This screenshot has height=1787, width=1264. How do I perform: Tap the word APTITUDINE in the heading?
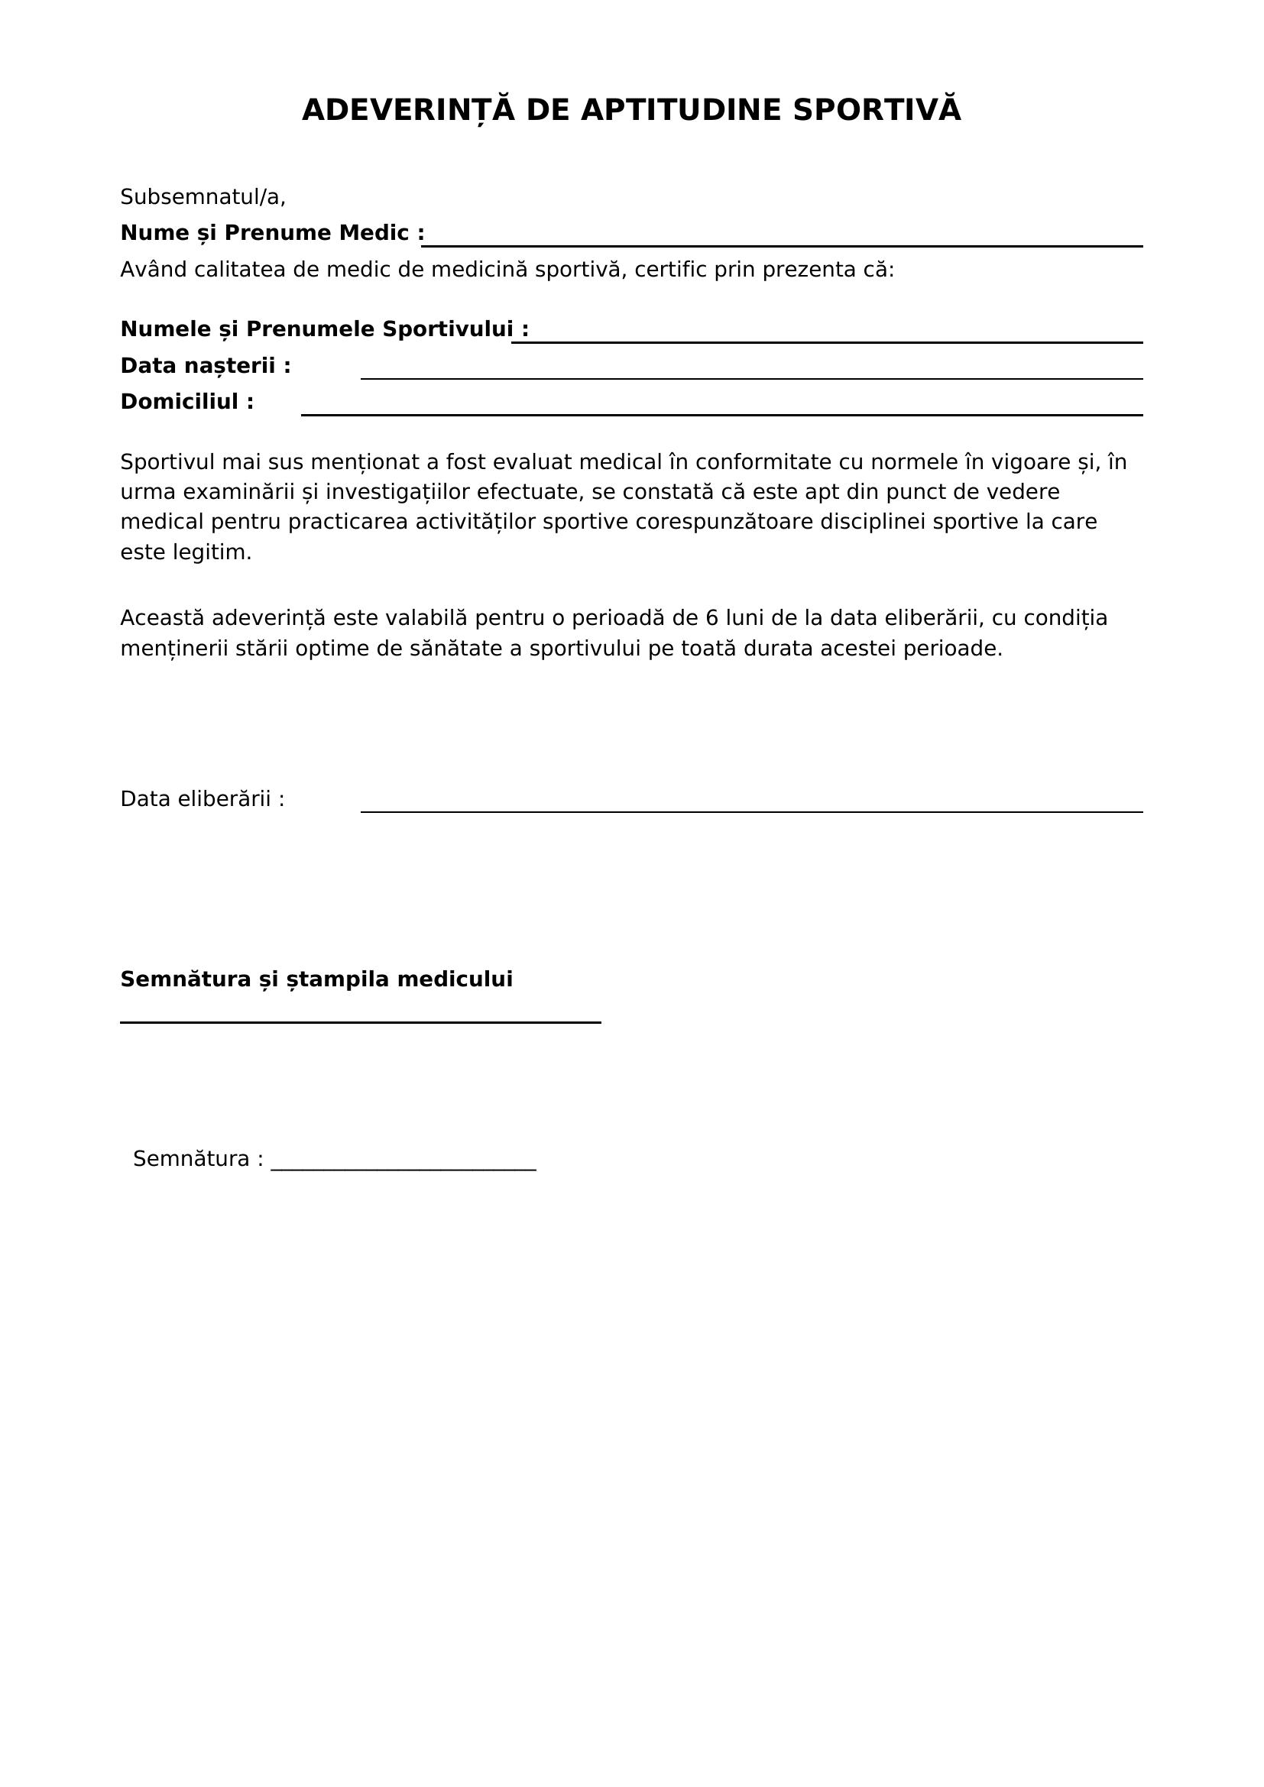pyautogui.click(x=680, y=110)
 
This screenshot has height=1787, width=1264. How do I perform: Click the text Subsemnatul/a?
pyautogui.click(x=203, y=197)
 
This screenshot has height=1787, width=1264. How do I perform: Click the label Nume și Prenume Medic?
pyautogui.click(x=271, y=233)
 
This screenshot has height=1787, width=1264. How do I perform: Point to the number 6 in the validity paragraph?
pyautogui.click(x=711, y=618)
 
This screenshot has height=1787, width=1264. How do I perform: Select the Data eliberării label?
pyautogui.click(x=203, y=799)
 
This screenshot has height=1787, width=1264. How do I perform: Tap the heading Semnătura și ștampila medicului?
pyautogui.click(x=316, y=979)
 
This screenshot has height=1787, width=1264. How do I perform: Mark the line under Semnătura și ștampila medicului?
pyautogui.click(x=361, y=1022)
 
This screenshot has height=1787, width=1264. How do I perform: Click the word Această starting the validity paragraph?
pyautogui.click(x=162, y=618)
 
